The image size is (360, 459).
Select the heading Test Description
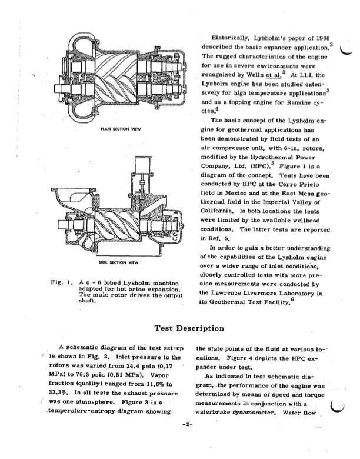[181, 328]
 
